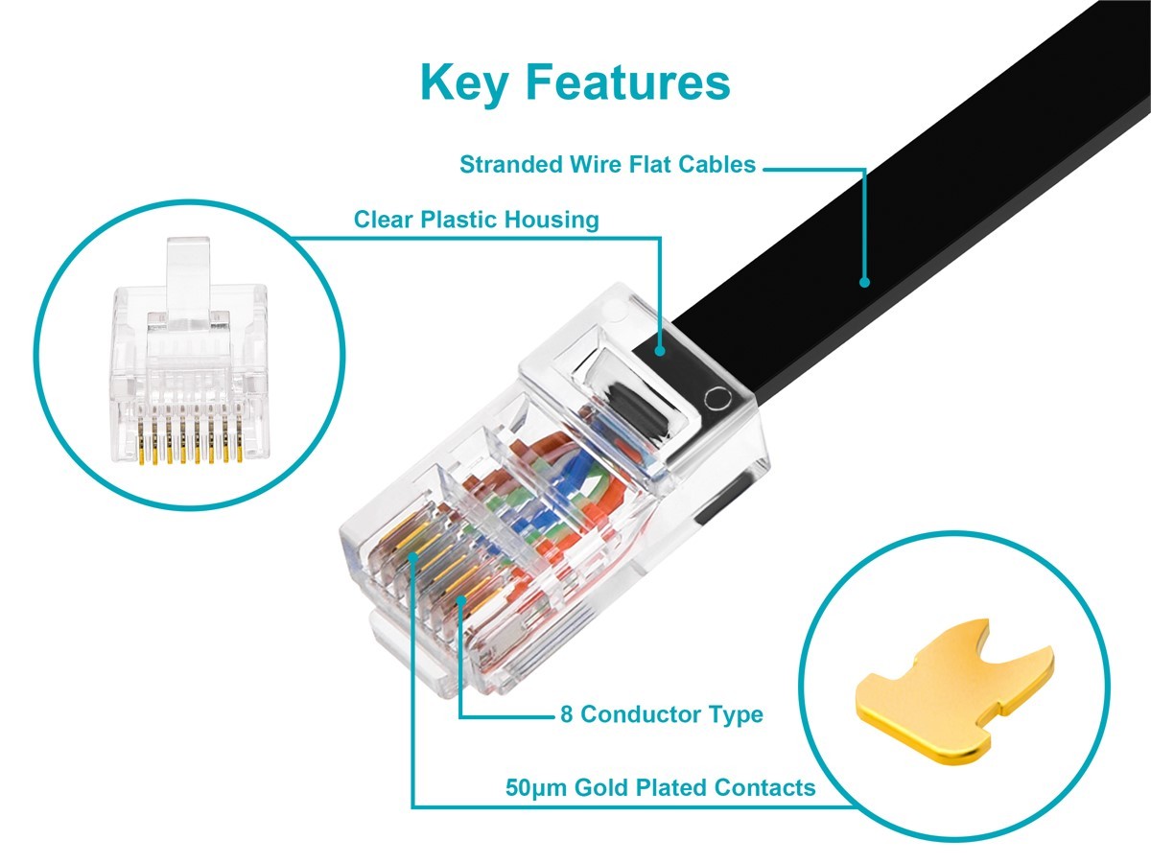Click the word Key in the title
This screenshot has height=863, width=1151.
pyautogui.click(x=464, y=82)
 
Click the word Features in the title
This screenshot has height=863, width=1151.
pyautogui.click(x=627, y=82)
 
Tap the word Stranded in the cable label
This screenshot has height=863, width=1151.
pyautogui.click(x=512, y=165)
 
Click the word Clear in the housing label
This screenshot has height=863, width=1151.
pyautogui.click(x=384, y=220)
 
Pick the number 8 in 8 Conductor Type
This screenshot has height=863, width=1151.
pyautogui.click(x=566, y=714)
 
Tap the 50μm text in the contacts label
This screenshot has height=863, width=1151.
pyautogui.click(x=536, y=788)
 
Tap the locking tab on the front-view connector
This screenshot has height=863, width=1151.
pyautogui.click(x=188, y=283)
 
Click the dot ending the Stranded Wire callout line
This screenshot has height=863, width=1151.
pyautogui.click(x=865, y=283)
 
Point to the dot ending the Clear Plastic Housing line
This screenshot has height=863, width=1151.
pyautogui.click(x=660, y=351)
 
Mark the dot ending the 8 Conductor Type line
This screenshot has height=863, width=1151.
pyautogui.click(x=461, y=600)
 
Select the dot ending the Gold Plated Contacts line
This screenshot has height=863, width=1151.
pyautogui.click(x=413, y=557)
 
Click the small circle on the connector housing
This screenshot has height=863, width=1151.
pyautogui.click(x=717, y=399)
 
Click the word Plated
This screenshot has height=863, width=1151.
pyautogui.click(x=671, y=787)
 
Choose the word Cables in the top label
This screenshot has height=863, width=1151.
pyautogui.click(x=716, y=165)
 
